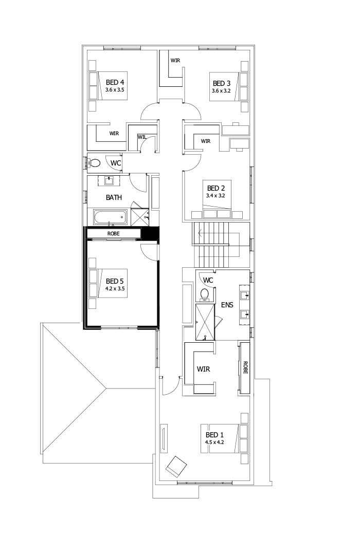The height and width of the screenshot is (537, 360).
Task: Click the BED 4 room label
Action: tap(115, 82)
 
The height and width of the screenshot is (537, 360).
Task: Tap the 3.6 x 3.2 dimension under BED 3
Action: tap(221, 91)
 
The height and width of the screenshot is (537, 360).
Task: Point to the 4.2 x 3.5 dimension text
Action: tap(115, 289)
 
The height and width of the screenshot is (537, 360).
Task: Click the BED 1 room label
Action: tap(214, 435)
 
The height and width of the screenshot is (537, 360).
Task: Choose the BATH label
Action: tap(114, 197)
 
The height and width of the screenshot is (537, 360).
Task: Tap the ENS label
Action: tap(227, 305)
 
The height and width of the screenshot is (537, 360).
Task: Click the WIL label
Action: tap(141, 137)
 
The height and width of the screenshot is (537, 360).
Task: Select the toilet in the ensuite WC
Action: tap(204, 295)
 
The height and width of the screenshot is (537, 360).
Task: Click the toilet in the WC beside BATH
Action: tap(95, 163)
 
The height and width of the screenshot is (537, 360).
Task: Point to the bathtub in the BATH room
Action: tap(109, 217)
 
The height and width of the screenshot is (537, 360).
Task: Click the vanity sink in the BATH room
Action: tap(110, 180)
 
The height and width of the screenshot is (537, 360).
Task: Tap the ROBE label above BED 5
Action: tap(114, 234)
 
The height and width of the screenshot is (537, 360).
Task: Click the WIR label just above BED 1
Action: tap(203, 369)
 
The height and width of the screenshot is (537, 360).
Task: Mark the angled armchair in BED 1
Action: tap(175, 466)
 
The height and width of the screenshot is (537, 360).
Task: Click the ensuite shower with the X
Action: tap(205, 322)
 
